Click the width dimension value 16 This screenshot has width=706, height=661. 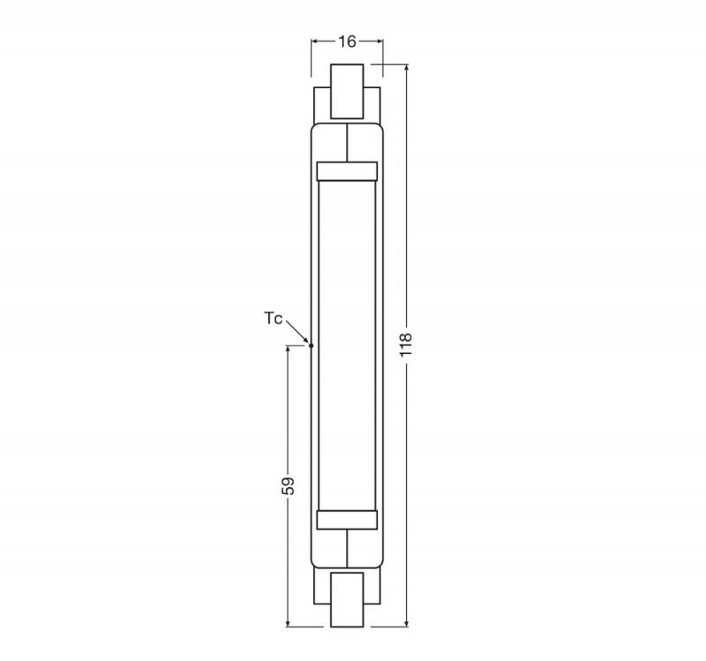(347, 41)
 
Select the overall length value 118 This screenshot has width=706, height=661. (406, 344)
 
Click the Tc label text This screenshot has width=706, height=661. (274, 319)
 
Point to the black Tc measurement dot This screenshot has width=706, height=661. (311, 345)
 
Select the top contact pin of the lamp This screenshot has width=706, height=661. (347, 91)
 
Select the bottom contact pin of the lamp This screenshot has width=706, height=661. (347, 599)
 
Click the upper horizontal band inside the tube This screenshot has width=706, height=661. (347, 170)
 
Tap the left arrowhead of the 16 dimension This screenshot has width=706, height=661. (314, 41)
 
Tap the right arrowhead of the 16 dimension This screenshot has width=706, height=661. (379, 41)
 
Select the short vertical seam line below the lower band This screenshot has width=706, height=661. (347, 549)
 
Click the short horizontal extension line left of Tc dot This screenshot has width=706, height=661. (297, 345)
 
